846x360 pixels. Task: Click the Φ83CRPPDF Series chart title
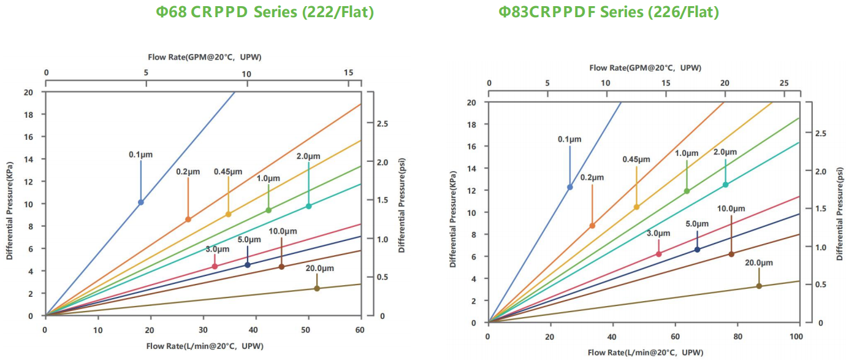pos(608,12)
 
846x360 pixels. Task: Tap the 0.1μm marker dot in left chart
pos(141,202)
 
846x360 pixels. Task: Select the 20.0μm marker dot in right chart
pos(759,286)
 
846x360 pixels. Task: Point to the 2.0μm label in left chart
pos(308,156)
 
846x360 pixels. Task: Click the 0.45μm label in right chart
pos(636,159)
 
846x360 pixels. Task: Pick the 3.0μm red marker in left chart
pos(215,266)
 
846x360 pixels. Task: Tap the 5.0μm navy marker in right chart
pos(697,249)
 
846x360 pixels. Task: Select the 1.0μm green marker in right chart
pos(687,191)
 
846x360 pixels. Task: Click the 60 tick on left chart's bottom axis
pos(360,329)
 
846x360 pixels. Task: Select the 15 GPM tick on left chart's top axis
pos(349,73)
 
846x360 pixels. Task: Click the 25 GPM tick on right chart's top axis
pos(783,83)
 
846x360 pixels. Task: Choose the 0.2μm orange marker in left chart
pos(188,219)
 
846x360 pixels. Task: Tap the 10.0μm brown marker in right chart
pos(731,254)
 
